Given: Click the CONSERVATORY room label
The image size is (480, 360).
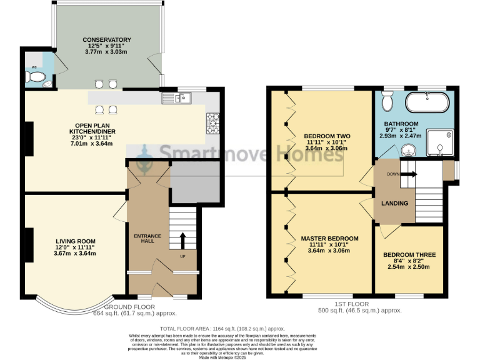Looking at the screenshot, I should pyautogui.click(x=107, y=40).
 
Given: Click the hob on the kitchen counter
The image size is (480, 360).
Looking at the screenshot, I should pyautogui.click(x=213, y=122).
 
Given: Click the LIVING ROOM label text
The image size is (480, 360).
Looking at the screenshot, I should pyautogui.click(x=75, y=241).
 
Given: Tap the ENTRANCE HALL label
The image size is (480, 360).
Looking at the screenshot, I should pyautogui.click(x=147, y=239).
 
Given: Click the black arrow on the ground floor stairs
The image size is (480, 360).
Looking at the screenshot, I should pyautogui.click(x=183, y=240).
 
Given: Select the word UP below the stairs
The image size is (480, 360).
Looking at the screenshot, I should pyautogui.click(x=182, y=256).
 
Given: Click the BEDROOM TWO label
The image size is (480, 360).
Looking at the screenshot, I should pyautogui.click(x=327, y=136).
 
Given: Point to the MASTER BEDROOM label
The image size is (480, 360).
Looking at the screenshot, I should pyautogui.click(x=329, y=239).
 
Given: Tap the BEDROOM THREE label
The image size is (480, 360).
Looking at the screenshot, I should pyautogui.click(x=409, y=255).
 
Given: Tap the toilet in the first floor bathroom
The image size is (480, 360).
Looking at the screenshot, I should pyautogui.click(x=387, y=100).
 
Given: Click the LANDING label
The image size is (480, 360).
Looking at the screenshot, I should pyautogui.click(x=395, y=204).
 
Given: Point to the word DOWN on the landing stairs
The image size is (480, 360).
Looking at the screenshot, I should pyautogui.click(x=393, y=174).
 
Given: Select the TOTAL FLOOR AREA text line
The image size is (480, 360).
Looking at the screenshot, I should pyautogui.click(x=222, y=327).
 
